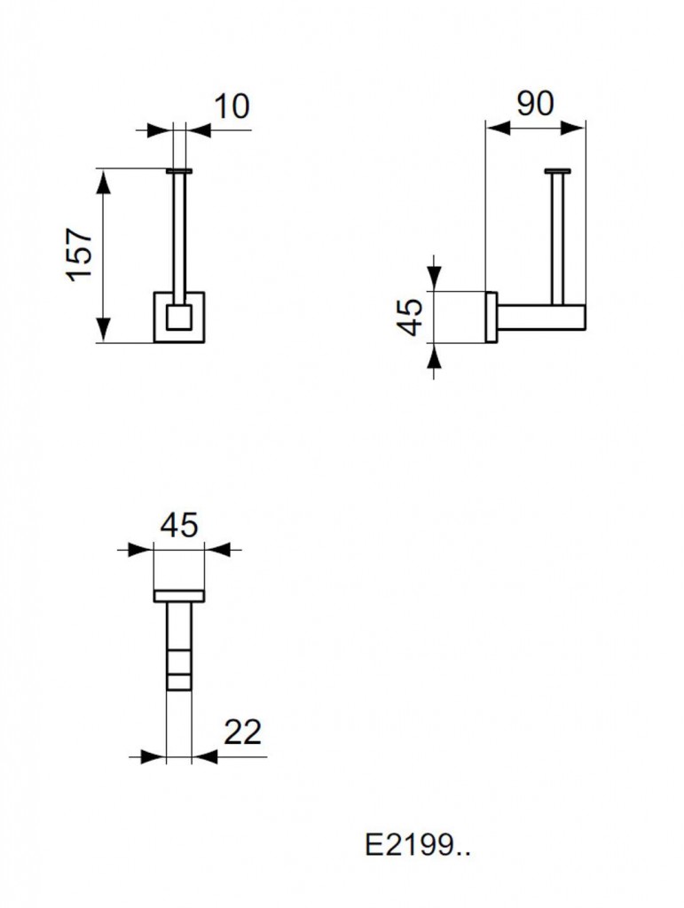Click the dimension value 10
232,106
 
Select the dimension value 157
79,255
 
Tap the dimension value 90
535,104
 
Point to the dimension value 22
242,732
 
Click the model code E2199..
417,845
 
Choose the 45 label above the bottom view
179,525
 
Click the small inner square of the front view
179,317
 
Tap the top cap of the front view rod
179,171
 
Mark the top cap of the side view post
558,171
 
